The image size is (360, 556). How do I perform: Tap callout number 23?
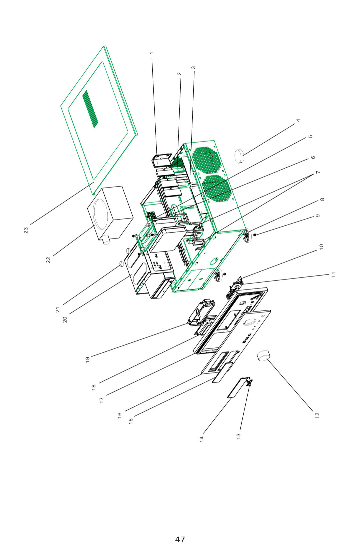coord(26,230)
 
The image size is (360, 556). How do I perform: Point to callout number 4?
coord(298,120)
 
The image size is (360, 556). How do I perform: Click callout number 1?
coord(152,53)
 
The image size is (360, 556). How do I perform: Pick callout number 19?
coord(87,360)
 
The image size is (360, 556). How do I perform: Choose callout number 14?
coord(201,439)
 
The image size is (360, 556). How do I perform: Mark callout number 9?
coord(318,216)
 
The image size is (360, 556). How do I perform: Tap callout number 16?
coord(120,415)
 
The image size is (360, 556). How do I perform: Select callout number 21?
coord(58,310)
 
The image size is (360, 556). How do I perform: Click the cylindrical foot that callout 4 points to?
coord(239,156)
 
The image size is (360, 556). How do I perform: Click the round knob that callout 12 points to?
coord(263,355)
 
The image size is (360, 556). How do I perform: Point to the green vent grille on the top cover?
coord(90,109)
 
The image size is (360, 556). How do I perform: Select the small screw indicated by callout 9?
coord(255,235)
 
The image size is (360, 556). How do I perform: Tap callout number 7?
coord(318,172)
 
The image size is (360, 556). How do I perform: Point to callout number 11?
coord(333,275)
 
